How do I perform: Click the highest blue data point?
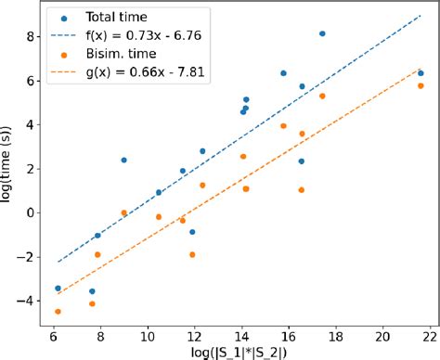pos(322,33)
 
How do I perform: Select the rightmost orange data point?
pos(421,85)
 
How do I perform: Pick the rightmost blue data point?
pos(421,73)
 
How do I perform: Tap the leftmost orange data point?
pos(58,312)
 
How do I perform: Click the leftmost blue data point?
pos(58,289)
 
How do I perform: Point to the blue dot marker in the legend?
pos(61,18)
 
